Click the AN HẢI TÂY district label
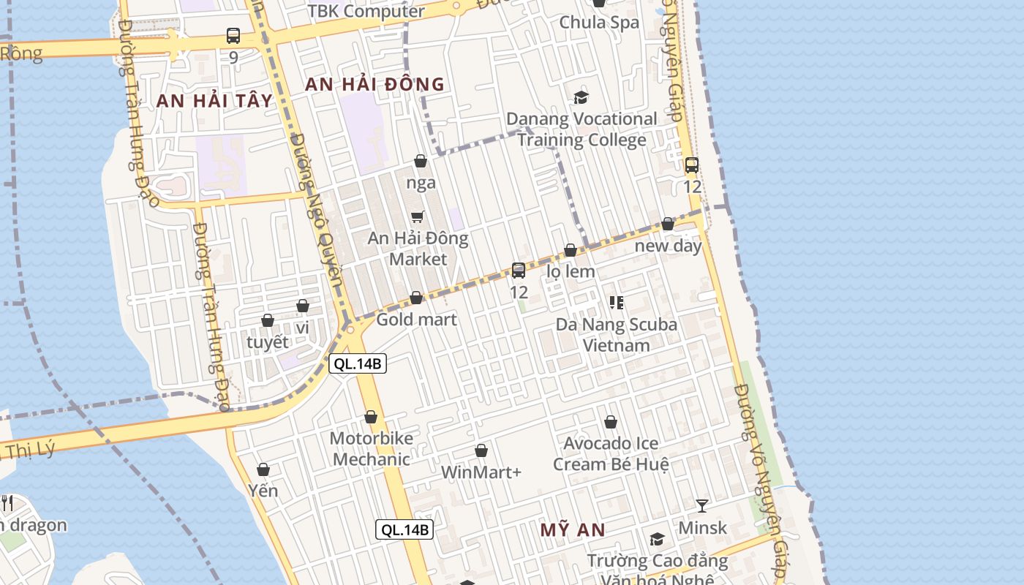tap(214, 101)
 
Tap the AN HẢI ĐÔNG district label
tap(374, 84)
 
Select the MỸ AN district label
tap(573, 530)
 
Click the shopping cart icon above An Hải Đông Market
tap(417, 216)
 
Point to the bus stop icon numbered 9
tap(233, 35)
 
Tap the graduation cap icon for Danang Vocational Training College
tap(581, 97)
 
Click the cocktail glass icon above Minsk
tap(702, 505)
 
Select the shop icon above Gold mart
tap(416, 298)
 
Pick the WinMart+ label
tap(481, 472)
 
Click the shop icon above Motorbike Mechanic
tap(371, 417)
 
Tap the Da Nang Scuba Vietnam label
tap(617, 334)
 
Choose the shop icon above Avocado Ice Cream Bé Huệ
tap(611, 422)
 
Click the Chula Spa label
tap(599, 22)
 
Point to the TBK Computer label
tap(366, 11)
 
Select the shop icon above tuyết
tap(268, 320)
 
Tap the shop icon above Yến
tap(263, 469)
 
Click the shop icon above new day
tap(668, 224)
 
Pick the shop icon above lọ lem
tap(571, 250)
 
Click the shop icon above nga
tap(421, 161)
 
